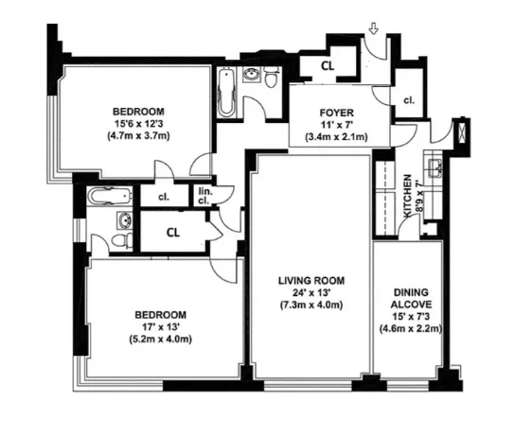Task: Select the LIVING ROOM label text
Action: point(311,280)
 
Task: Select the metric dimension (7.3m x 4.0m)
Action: point(311,305)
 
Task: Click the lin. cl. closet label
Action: point(204,197)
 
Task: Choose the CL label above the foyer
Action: point(327,66)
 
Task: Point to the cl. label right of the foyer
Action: point(409,99)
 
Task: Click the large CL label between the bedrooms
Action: point(174,231)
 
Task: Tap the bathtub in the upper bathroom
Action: point(227,95)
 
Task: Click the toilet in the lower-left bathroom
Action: point(118,241)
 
